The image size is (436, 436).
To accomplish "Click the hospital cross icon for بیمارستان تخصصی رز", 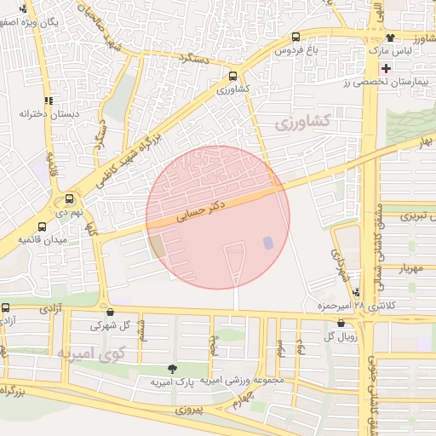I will click(x=387, y=67).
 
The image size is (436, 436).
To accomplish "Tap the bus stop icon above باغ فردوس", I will click(x=295, y=37).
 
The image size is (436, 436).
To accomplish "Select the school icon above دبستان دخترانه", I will click(x=49, y=99).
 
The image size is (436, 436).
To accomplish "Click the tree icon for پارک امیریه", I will click(x=174, y=369).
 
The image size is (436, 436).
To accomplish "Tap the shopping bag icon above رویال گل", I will click(x=341, y=323).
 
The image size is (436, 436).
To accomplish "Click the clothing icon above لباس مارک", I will click(x=390, y=37).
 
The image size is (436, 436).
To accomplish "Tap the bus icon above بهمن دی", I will click(x=69, y=199).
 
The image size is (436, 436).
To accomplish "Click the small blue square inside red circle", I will click(x=268, y=243).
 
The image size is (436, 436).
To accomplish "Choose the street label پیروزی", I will click(x=192, y=410).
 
